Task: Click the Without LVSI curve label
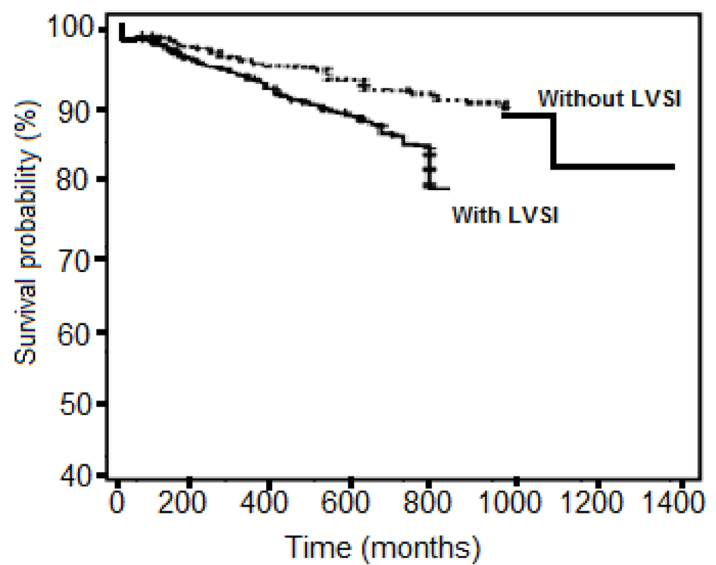click(606, 98)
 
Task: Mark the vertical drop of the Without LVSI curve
click(554, 141)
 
